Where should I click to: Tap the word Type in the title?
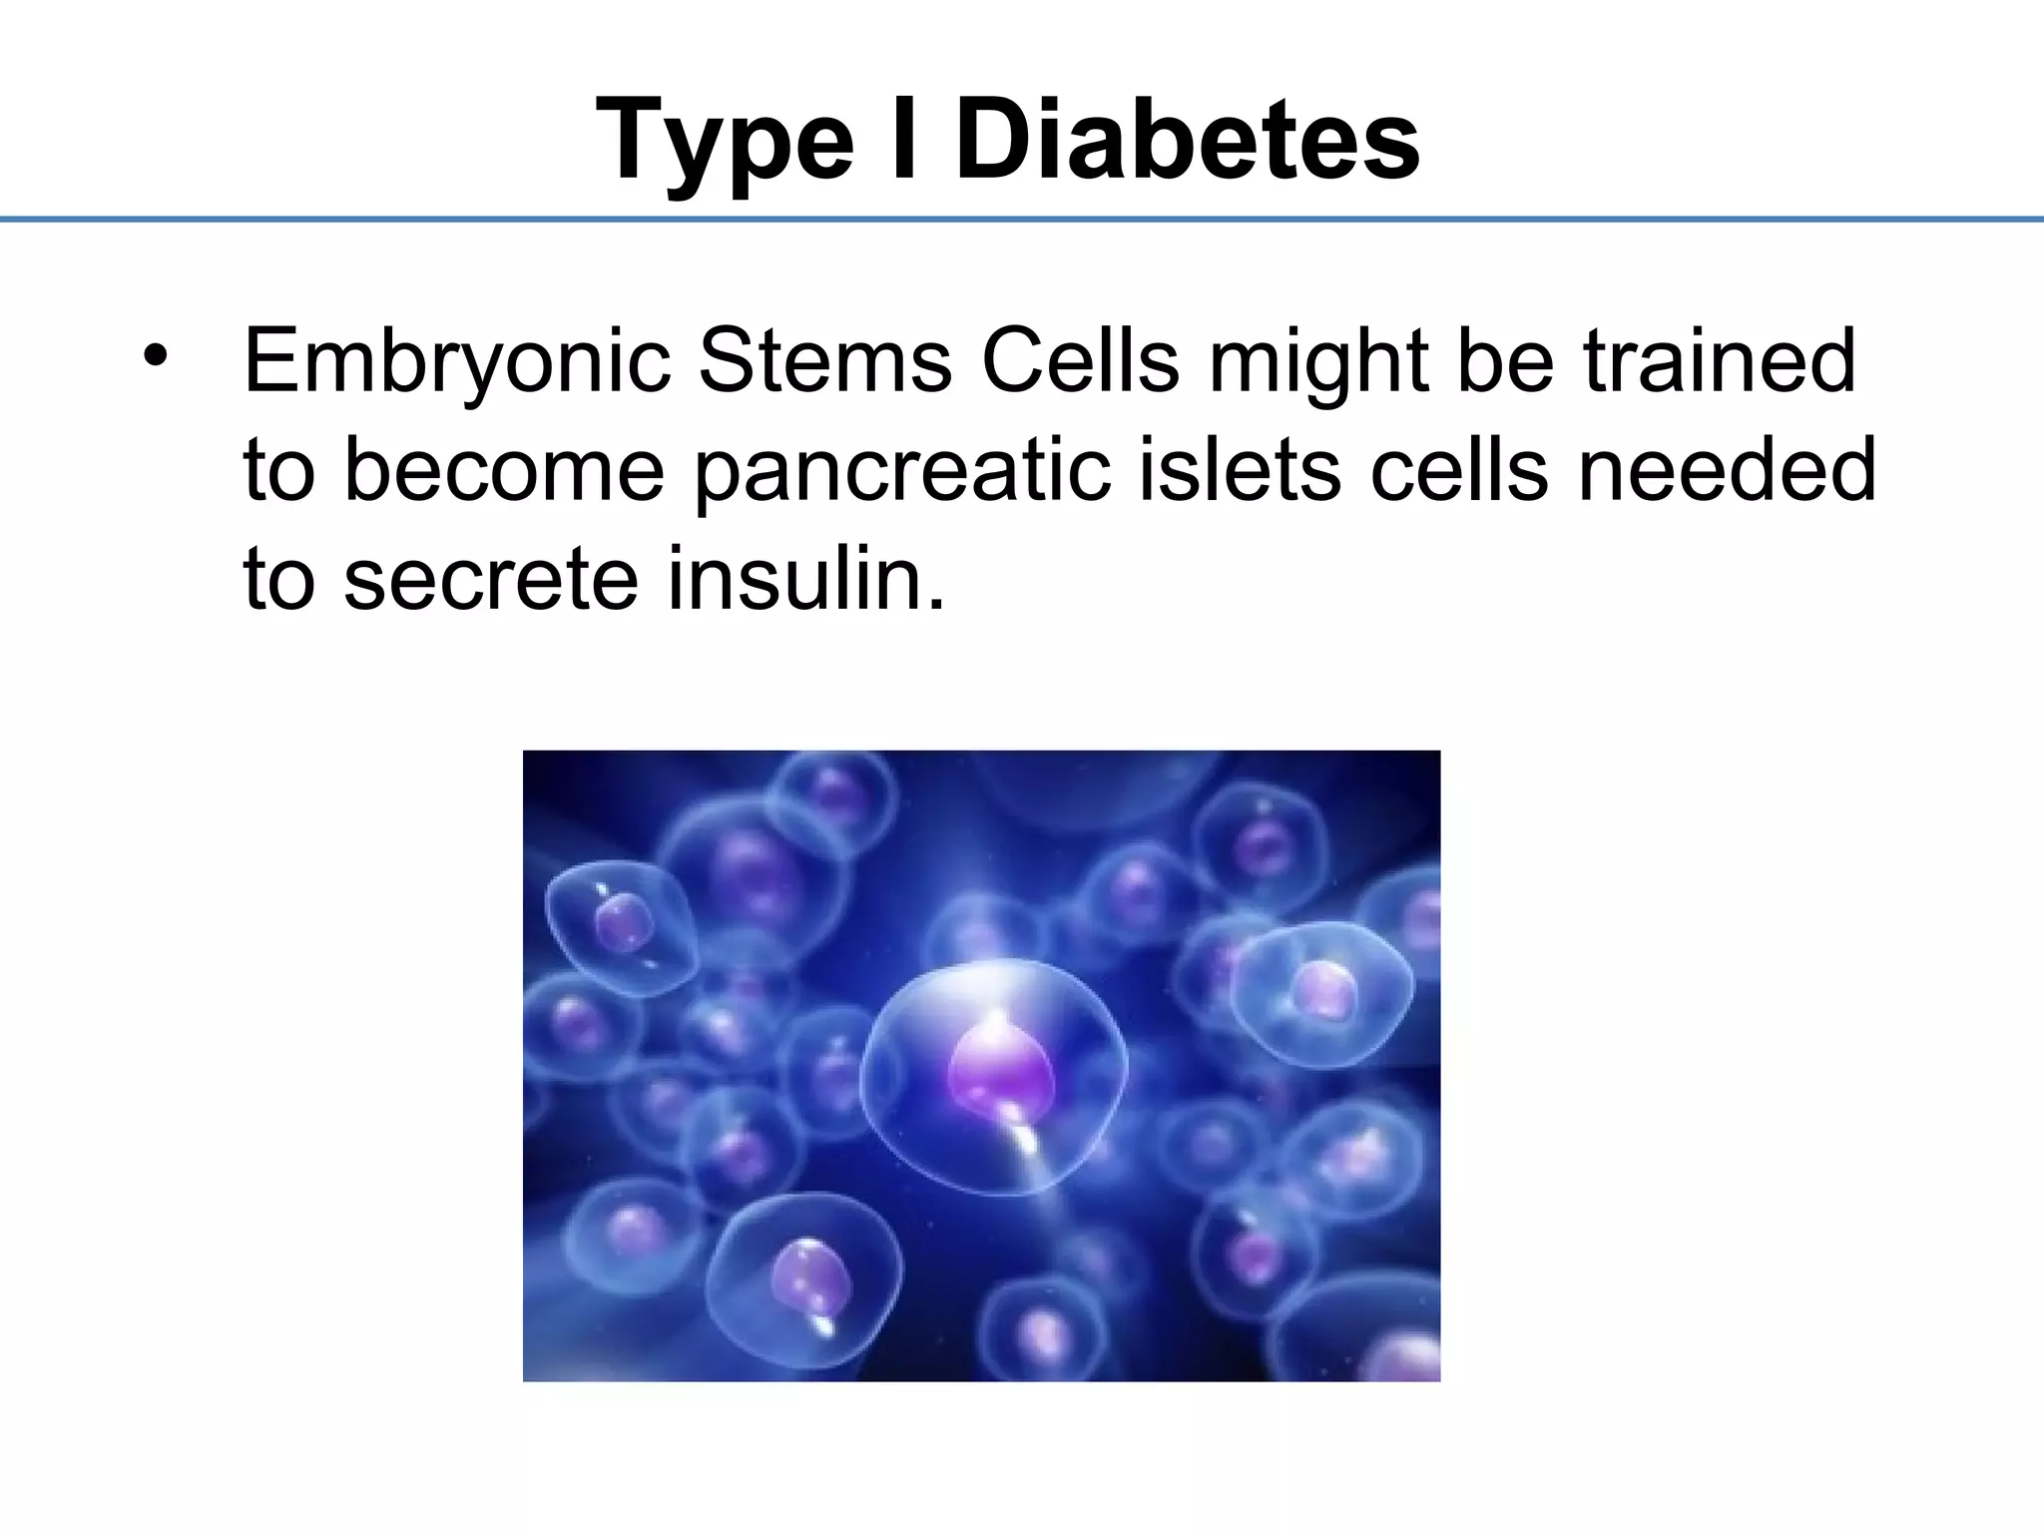pyautogui.click(x=725, y=142)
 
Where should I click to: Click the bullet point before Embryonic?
pyautogui.click(x=155, y=356)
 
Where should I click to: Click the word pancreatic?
pyautogui.click(x=902, y=471)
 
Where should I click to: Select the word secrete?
pyautogui.click(x=491, y=581)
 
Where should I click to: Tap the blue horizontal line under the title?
pyautogui.click(x=1022, y=219)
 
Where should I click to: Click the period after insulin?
pyautogui.click(x=935, y=603)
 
